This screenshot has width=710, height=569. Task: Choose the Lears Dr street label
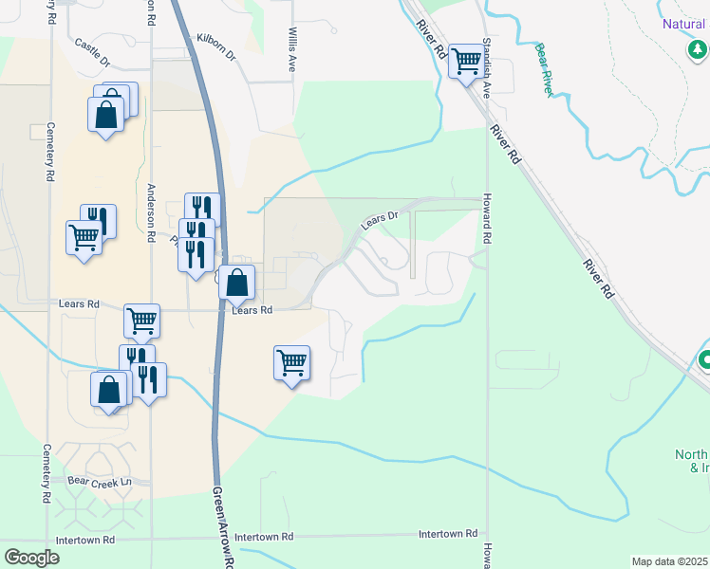click(379, 220)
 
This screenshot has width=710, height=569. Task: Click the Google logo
click(32, 558)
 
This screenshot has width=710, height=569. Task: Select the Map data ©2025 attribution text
click(669, 561)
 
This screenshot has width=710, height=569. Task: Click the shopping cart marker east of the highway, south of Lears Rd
click(291, 361)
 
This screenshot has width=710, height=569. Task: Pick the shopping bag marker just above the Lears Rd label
click(237, 281)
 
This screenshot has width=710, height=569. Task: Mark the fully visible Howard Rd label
click(485, 219)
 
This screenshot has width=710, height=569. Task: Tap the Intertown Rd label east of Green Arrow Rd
click(448, 535)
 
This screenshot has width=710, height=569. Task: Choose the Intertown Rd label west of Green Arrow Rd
click(85, 540)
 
